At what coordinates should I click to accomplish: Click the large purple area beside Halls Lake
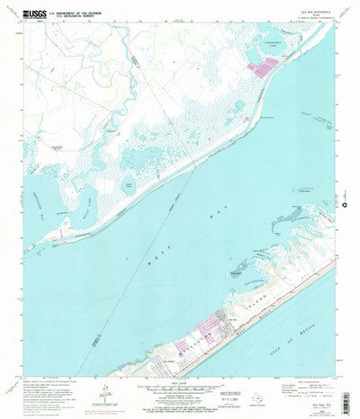point(268,66)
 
